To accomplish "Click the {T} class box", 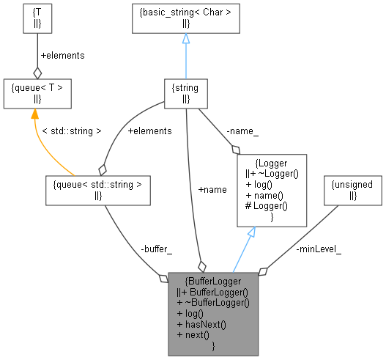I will coord(37,19).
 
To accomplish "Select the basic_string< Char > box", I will coord(186,19).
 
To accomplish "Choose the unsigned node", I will coord(353,189).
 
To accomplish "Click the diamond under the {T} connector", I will coord(37,73).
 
